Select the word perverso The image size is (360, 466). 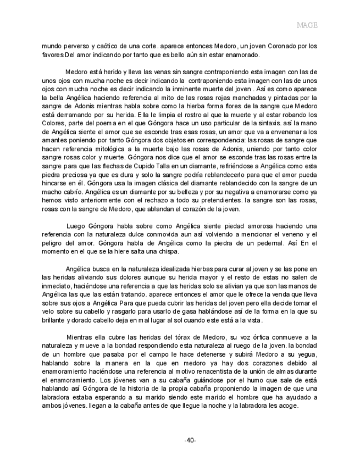(77, 47)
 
